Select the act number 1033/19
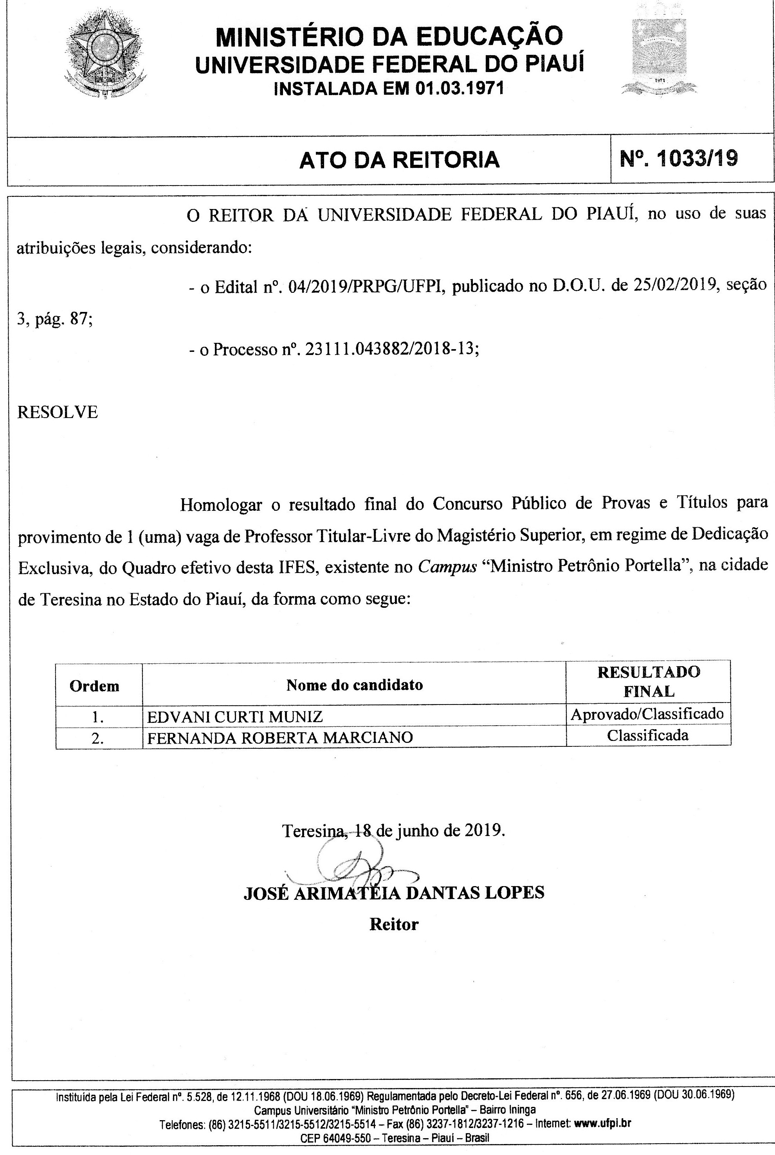[x=679, y=159]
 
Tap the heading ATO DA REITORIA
[x=399, y=160]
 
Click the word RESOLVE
[x=57, y=412]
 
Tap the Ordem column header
[x=94, y=686]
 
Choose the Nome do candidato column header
[x=354, y=685]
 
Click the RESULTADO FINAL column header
[x=649, y=681]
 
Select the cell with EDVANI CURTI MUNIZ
[x=235, y=717]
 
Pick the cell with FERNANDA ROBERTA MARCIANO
[x=280, y=737]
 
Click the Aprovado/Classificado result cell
[x=647, y=714]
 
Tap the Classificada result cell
[x=647, y=735]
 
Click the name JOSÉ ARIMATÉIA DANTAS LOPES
[x=393, y=892]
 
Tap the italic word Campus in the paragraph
[x=447, y=566]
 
